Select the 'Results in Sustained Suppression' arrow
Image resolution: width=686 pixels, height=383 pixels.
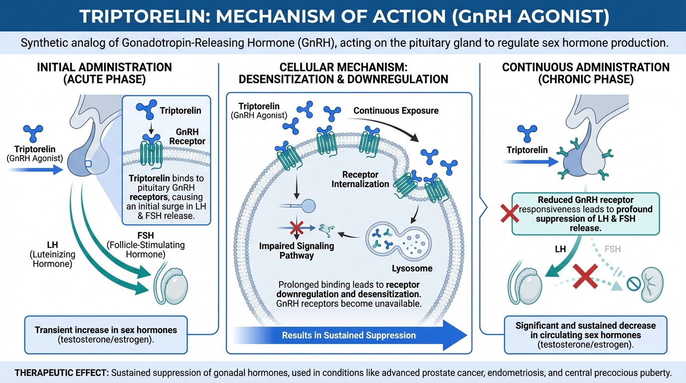pos(348,335)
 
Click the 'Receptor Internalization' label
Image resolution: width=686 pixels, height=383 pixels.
pos(361,179)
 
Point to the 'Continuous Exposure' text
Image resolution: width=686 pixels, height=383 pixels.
pos(396,110)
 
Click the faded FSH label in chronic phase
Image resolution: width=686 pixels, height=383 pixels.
pos(612,249)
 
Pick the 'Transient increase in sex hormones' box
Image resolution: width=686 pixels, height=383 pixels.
pos(106,334)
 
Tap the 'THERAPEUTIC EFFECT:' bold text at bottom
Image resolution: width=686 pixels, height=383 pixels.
pos(59,372)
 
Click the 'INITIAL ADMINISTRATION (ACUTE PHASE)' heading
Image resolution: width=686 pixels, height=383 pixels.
pos(104,73)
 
